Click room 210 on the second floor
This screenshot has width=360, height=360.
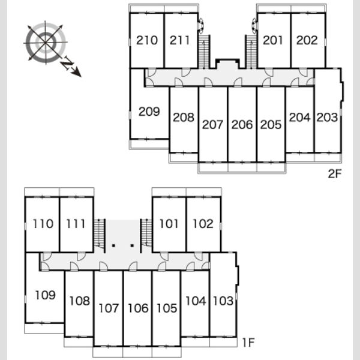click(x=147, y=40)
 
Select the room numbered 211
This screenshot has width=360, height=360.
click(x=180, y=40)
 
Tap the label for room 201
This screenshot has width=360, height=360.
click(x=273, y=40)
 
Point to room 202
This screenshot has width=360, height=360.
click(x=307, y=40)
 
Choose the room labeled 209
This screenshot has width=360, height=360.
click(x=149, y=112)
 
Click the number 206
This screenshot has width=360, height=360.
click(x=242, y=125)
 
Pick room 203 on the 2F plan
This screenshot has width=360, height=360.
click(x=327, y=118)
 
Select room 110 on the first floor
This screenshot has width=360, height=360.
click(x=43, y=224)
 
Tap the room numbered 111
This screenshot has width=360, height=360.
click(x=76, y=224)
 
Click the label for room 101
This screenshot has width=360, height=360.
click(x=169, y=224)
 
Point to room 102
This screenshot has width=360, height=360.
click(x=203, y=224)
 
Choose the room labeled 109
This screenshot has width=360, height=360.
click(x=45, y=295)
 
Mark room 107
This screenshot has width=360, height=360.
click(x=109, y=308)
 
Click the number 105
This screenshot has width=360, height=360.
click(x=167, y=308)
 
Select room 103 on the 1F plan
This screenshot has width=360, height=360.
click(x=223, y=301)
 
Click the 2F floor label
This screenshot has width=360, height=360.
click(x=335, y=174)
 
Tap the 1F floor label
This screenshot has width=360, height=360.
click(x=248, y=343)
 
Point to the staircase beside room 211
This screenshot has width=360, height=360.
click(x=204, y=52)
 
